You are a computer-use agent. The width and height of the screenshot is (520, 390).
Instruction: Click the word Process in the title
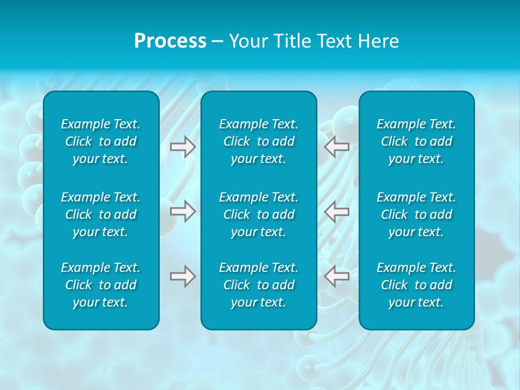click(170, 41)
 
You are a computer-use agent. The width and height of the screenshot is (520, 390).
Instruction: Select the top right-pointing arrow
click(183, 146)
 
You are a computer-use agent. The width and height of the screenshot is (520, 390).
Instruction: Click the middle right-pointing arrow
click(183, 211)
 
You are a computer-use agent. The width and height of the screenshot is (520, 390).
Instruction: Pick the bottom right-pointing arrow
click(183, 276)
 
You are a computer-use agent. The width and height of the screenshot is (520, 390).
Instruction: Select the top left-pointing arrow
click(337, 146)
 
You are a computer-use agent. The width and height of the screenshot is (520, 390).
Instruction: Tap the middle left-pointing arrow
click(337, 211)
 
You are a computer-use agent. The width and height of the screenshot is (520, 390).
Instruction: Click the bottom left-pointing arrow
click(337, 276)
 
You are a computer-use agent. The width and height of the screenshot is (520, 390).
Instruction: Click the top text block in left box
click(101, 141)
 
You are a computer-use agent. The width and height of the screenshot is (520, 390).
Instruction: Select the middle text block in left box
click(101, 214)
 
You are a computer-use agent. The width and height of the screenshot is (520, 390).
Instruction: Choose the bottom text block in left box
click(101, 285)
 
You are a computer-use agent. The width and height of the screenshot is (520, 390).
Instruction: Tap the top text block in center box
click(259, 141)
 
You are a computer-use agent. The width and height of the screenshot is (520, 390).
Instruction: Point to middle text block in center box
click(259, 214)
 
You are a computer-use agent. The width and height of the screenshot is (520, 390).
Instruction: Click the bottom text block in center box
click(259, 285)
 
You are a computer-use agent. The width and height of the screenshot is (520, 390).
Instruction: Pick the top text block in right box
click(417, 141)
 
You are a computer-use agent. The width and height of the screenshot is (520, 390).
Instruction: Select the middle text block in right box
click(417, 214)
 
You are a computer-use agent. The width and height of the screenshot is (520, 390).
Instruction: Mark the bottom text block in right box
click(417, 285)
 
